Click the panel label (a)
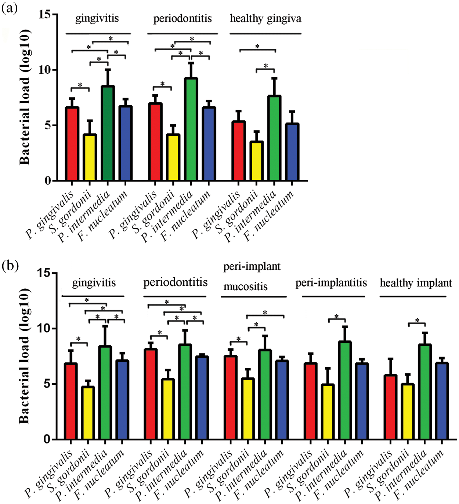click(10, 8)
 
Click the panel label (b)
click(10, 265)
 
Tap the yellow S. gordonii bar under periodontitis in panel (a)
click(173, 157)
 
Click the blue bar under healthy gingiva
click(292, 152)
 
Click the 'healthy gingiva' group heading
click(265, 18)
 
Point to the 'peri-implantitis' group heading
click(331, 283)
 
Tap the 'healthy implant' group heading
click(416, 283)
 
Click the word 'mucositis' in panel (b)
click(245, 286)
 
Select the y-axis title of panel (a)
click(25, 97)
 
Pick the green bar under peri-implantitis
click(345, 390)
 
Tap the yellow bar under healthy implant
click(407, 412)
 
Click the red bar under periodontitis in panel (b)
click(151, 394)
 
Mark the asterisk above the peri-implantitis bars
click(336, 316)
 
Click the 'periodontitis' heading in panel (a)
click(182, 18)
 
